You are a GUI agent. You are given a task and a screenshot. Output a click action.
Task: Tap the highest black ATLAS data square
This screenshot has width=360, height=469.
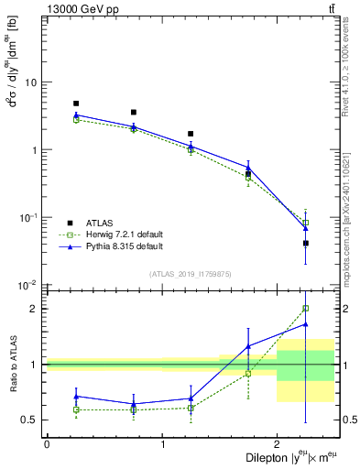76,104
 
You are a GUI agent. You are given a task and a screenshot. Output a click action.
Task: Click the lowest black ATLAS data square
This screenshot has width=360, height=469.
306,243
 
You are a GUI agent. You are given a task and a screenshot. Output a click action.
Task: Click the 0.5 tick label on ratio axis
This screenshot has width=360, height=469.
30,420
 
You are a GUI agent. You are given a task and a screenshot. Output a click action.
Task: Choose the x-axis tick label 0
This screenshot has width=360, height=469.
47,444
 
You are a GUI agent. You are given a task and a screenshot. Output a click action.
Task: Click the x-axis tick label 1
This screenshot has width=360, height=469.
162,444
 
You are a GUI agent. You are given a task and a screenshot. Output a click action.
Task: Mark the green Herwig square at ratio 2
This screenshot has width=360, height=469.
306,309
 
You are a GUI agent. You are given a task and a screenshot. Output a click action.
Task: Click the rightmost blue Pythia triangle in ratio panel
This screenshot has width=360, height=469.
306,324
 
